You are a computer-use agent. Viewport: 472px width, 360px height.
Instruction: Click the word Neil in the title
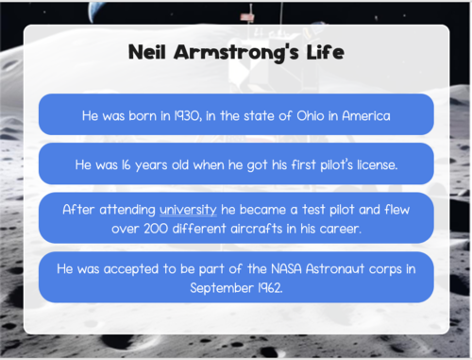(x=151, y=53)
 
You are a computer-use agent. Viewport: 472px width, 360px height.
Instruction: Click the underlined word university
(x=188, y=209)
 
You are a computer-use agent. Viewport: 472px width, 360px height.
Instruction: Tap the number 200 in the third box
(x=146, y=227)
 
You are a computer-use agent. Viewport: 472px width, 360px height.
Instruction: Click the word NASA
(x=288, y=269)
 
